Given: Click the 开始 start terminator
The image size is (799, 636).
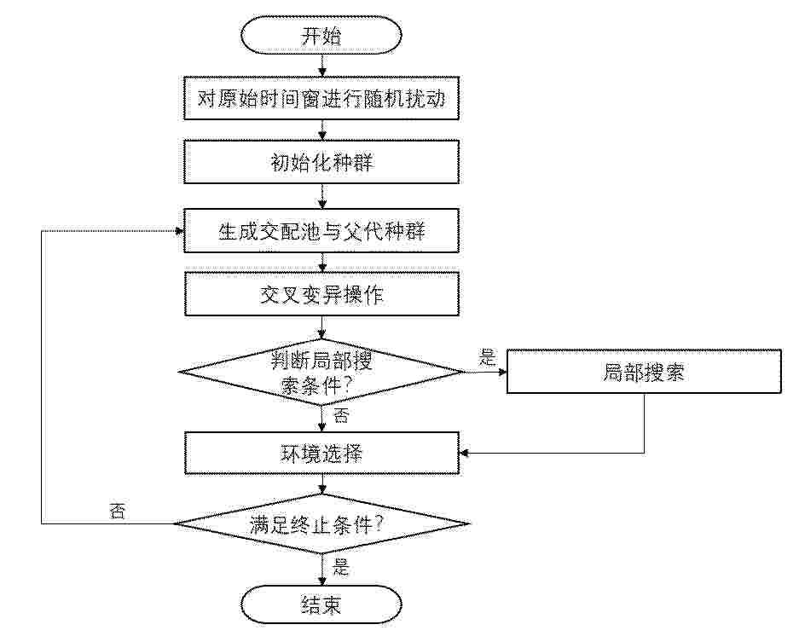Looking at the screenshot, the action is [321, 35].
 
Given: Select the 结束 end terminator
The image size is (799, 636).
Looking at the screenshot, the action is [321, 605].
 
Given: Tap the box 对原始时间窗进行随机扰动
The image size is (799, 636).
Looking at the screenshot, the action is [321, 98].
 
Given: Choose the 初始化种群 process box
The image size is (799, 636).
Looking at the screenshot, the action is [321, 162].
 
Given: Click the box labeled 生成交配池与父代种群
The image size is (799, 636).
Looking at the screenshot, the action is [321, 231].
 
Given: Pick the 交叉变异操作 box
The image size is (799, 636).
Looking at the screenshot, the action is [321, 294].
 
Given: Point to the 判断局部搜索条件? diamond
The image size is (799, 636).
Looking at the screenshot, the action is [321, 372].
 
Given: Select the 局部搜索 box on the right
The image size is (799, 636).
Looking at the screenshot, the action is [644, 372].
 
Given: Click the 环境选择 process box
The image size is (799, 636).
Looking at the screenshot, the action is [321, 453].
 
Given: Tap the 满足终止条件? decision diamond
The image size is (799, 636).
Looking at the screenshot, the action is [321, 523].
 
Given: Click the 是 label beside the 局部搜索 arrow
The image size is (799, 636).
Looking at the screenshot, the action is [487, 357].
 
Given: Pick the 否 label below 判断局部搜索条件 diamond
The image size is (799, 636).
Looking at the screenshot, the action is [341, 415].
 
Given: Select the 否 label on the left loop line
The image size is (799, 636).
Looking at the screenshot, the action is [117, 511].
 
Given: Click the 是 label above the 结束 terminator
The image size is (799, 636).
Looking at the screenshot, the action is [341, 567].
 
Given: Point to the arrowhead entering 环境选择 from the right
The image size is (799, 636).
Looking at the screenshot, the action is [464, 453].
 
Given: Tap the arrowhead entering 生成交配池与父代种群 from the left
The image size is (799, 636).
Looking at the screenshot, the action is [179, 231].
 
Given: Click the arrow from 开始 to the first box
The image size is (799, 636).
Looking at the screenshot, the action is [322, 66].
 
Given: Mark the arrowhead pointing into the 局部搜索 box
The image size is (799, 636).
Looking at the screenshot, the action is [502, 372].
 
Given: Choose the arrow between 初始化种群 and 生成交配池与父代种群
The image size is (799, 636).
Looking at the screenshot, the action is [322, 196].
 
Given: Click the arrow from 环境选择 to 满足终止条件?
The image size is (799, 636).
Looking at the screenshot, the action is [322, 484].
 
